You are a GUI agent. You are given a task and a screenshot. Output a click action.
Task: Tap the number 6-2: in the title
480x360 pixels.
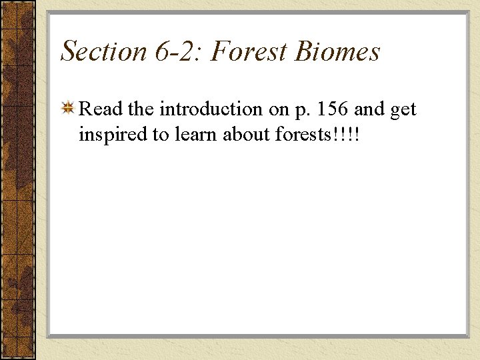[x=173, y=51]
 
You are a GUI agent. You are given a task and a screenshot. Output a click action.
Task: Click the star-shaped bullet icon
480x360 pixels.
[x=68, y=108]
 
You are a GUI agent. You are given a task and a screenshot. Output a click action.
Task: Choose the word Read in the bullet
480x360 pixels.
[x=100, y=109]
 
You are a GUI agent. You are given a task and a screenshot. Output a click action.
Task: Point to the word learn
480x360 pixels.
[x=195, y=134]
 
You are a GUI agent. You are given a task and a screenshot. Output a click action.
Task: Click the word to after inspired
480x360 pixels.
[x=161, y=135]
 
